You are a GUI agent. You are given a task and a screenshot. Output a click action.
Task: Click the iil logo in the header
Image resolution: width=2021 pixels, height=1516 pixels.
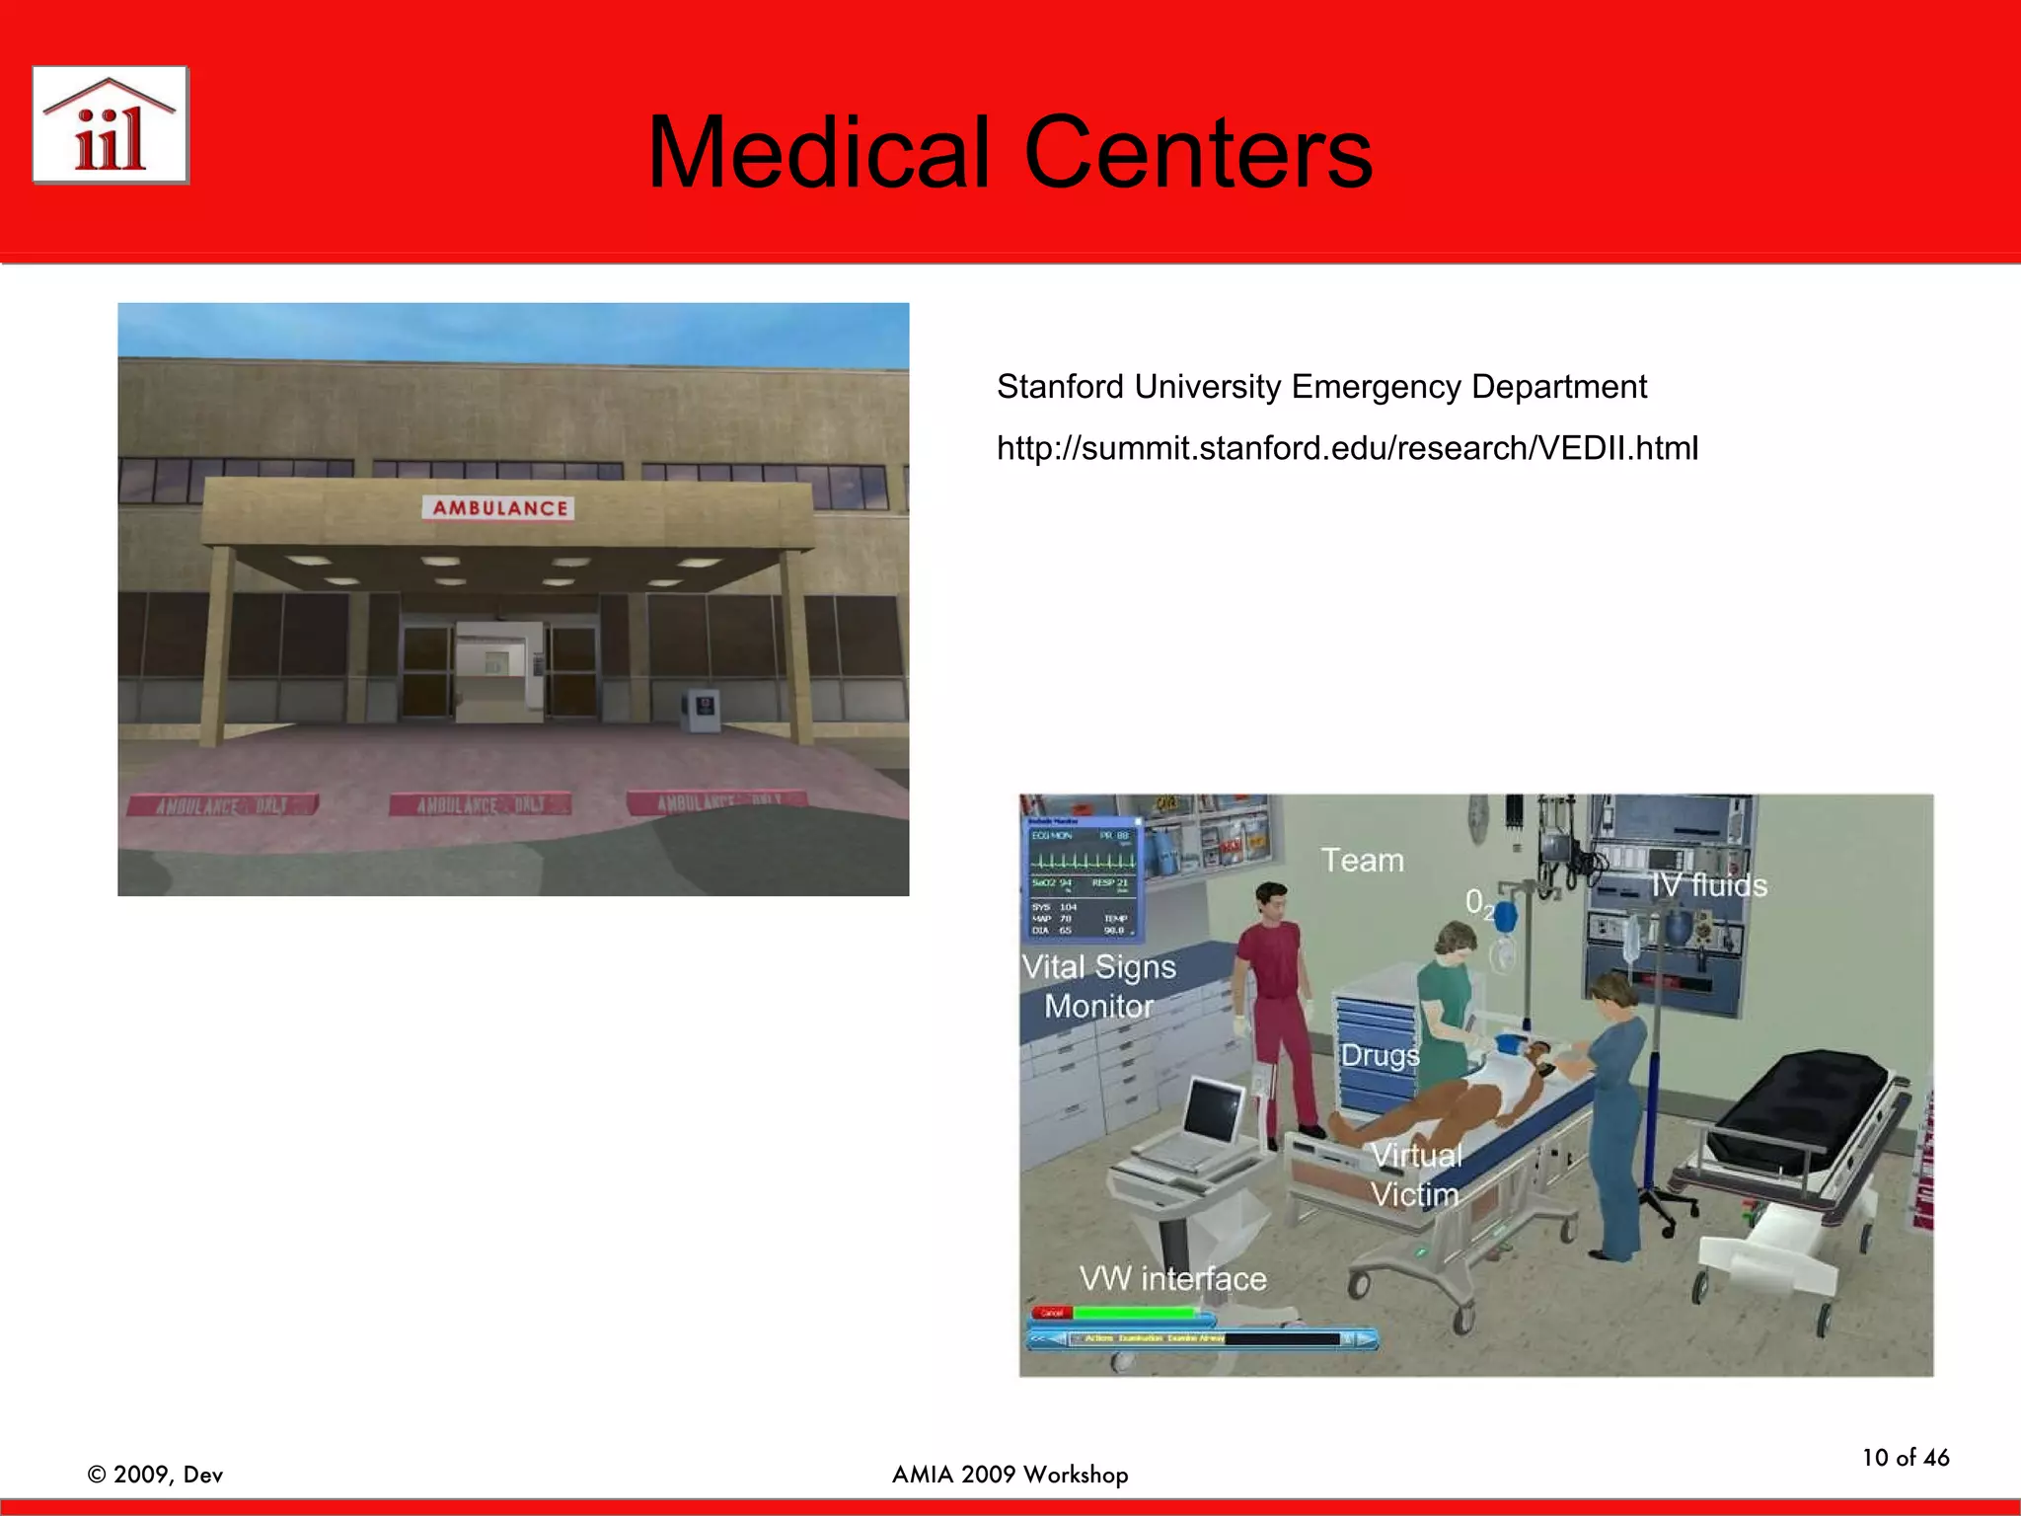(x=111, y=125)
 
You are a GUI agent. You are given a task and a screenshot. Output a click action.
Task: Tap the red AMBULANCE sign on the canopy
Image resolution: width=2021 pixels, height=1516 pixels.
(x=499, y=508)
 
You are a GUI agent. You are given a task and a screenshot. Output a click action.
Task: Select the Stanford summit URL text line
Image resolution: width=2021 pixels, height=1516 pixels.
(x=1347, y=449)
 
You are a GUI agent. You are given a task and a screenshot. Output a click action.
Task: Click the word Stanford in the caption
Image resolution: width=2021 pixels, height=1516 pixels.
(x=1060, y=387)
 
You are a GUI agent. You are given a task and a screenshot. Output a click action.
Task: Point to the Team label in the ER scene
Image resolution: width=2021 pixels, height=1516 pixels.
(x=1362, y=861)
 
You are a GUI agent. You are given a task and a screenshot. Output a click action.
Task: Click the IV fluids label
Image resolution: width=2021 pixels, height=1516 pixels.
(x=1709, y=885)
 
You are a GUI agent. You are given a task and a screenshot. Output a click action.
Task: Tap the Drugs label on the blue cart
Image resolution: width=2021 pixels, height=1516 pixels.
(x=1379, y=1055)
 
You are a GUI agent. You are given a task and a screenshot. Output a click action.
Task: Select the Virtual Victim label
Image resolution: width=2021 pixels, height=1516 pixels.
(x=1415, y=1175)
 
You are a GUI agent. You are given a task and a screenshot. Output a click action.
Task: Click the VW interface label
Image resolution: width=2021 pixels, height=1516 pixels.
(x=1172, y=1279)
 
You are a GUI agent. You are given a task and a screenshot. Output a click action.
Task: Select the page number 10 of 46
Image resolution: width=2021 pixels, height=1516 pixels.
(x=1905, y=1458)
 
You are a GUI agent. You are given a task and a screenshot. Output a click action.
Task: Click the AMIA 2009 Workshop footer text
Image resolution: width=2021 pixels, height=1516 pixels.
(x=1010, y=1475)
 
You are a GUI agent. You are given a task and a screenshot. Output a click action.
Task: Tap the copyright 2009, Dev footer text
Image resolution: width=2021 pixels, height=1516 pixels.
(x=155, y=1475)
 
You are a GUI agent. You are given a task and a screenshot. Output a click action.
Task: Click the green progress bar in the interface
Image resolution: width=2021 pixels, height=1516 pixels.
(x=1135, y=1313)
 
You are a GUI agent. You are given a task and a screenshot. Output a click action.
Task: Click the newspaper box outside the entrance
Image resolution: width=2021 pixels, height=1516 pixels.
(x=702, y=710)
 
